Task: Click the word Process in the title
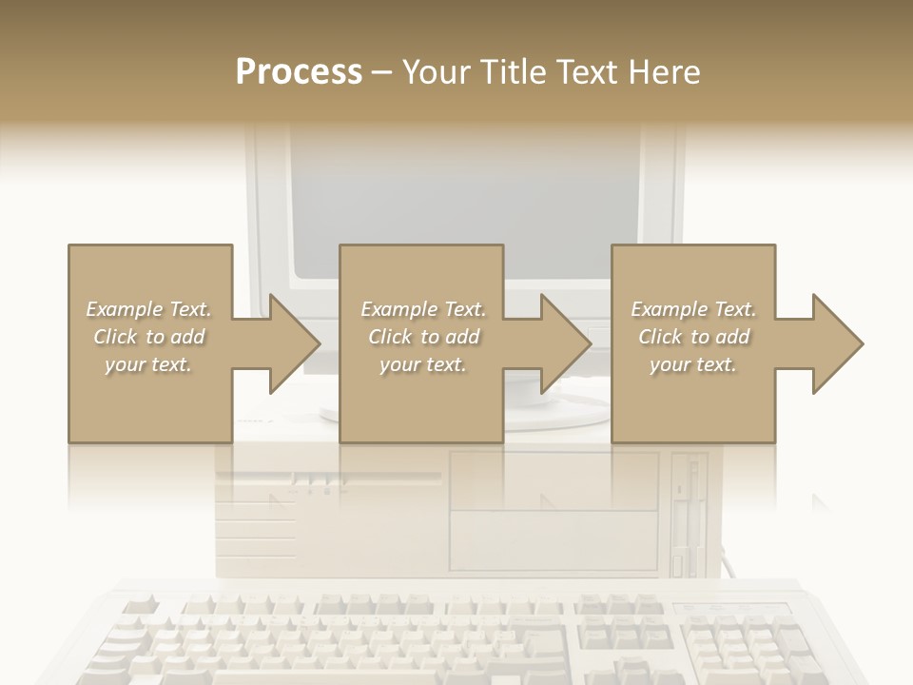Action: click(x=299, y=71)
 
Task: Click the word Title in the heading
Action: click(x=509, y=71)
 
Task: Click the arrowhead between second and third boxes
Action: click(x=565, y=343)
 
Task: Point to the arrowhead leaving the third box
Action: click(x=836, y=343)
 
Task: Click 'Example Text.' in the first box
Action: click(x=148, y=309)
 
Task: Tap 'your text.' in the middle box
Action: click(x=422, y=364)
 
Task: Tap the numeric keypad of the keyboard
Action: click(x=751, y=637)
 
